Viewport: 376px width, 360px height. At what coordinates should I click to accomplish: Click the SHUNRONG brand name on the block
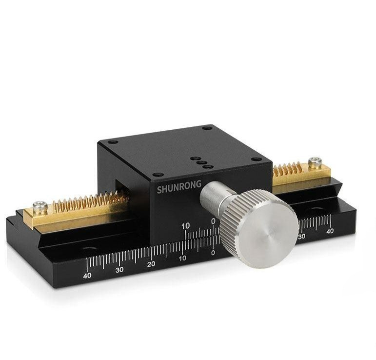pos(179,187)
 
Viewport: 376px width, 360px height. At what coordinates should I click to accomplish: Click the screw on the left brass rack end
pos(40,207)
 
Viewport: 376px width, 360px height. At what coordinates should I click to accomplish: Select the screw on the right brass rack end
pos(315,162)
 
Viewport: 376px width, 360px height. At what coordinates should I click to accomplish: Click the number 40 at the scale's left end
pos(87,275)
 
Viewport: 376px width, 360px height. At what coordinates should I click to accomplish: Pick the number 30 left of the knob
pos(119,270)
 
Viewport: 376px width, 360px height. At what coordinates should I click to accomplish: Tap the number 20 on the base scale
pos(151,264)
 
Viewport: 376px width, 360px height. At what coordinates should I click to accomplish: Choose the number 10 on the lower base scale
pos(182,259)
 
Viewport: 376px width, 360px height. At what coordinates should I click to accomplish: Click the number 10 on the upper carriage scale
pos(185,226)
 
